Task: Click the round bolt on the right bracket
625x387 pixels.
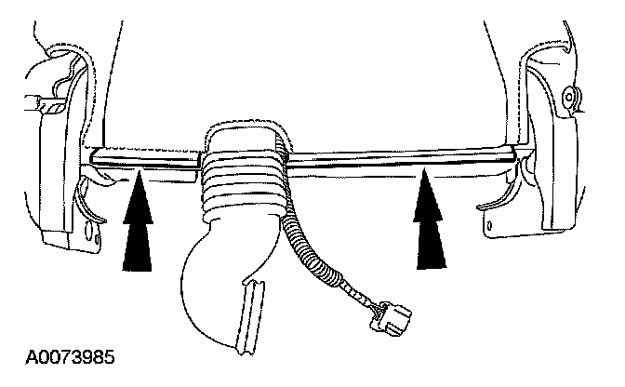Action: (569, 94)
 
